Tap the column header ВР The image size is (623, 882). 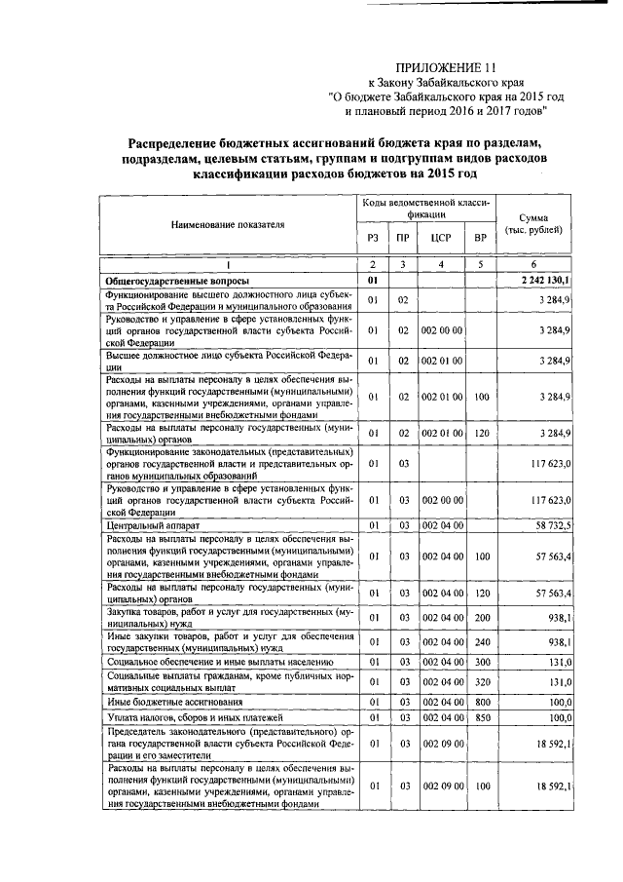[479, 237]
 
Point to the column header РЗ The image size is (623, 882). [372, 237]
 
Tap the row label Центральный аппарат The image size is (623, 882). [153, 525]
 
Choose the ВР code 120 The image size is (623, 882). [479, 430]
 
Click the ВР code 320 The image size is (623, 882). [479, 681]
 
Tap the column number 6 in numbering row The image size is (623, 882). [532, 265]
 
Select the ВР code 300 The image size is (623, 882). [479, 661]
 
